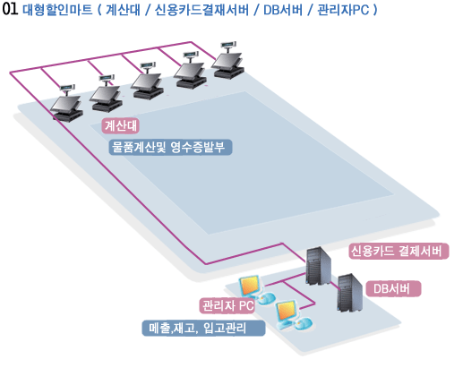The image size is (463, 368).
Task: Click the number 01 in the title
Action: [x=10, y=9]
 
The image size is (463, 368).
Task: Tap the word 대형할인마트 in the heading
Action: [x=57, y=10]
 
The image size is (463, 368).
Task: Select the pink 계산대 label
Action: [x=121, y=125]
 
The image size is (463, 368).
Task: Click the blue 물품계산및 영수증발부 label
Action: [x=170, y=147]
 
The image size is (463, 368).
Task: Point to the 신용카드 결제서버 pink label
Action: [x=399, y=251]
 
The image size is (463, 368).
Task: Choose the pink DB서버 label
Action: [x=393, y=288]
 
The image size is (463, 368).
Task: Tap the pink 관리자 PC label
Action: [x=227, y=305]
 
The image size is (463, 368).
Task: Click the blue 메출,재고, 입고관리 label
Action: [x=203, y=329]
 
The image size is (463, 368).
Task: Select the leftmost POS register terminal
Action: [x=67, y=103]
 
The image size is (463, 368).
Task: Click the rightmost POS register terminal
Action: [x=228, y=61]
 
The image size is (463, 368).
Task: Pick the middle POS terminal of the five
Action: [x=147, y=81]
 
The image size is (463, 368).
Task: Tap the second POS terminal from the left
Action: [x=106, y=93]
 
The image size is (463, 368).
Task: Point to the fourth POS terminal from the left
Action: [x=190, y=71]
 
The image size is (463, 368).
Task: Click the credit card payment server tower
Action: [x=319, y=266]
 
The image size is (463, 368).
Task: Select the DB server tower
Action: [x=350, y=294]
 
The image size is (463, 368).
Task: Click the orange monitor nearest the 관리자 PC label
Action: [x=250, y=286]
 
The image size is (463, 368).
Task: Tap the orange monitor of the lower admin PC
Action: [x=287, y=312]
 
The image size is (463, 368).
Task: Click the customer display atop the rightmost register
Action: [x=229, y=45]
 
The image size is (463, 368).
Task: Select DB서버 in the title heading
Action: [x=283, y=10]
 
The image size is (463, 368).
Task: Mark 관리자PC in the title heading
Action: [x=343, y=10]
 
